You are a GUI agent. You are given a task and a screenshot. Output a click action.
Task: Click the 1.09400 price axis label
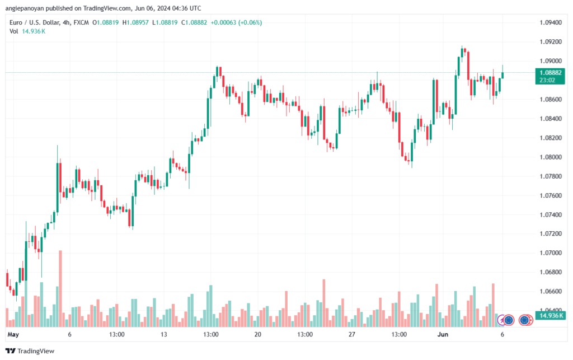coord(551,22)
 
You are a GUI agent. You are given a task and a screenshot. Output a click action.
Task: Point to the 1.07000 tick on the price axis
coord(551,253)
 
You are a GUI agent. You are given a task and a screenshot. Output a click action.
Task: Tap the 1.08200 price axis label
coord(551,138)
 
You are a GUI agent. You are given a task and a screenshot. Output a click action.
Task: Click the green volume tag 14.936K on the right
coord(551,315)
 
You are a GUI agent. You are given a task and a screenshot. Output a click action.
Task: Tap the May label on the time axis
coord(13,334)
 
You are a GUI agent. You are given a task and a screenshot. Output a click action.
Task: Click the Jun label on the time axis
coord(443,334)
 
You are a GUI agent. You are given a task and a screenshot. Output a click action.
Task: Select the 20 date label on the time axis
coord(257,334)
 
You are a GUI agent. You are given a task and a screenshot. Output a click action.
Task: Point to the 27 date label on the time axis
coord(351,334)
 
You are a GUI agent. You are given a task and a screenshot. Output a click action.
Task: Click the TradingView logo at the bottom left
coord(30,351)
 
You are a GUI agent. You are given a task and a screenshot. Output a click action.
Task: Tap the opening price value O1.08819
coord(106,22)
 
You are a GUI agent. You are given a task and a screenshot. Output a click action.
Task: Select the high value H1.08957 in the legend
coord(135,22)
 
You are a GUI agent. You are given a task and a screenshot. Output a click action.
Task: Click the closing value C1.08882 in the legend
coord(194,22)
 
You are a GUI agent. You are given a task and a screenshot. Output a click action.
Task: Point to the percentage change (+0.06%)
coord(250,22)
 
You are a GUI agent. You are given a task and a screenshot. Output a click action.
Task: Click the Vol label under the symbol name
coord(13,31)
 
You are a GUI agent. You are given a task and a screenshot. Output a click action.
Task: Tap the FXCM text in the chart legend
coord(81,22)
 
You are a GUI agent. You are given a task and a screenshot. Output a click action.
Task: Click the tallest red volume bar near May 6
coord(60,289)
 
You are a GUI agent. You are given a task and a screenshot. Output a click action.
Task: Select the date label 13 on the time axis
coord(164,334)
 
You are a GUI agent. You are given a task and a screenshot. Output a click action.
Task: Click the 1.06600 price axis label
coord(551,291)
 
